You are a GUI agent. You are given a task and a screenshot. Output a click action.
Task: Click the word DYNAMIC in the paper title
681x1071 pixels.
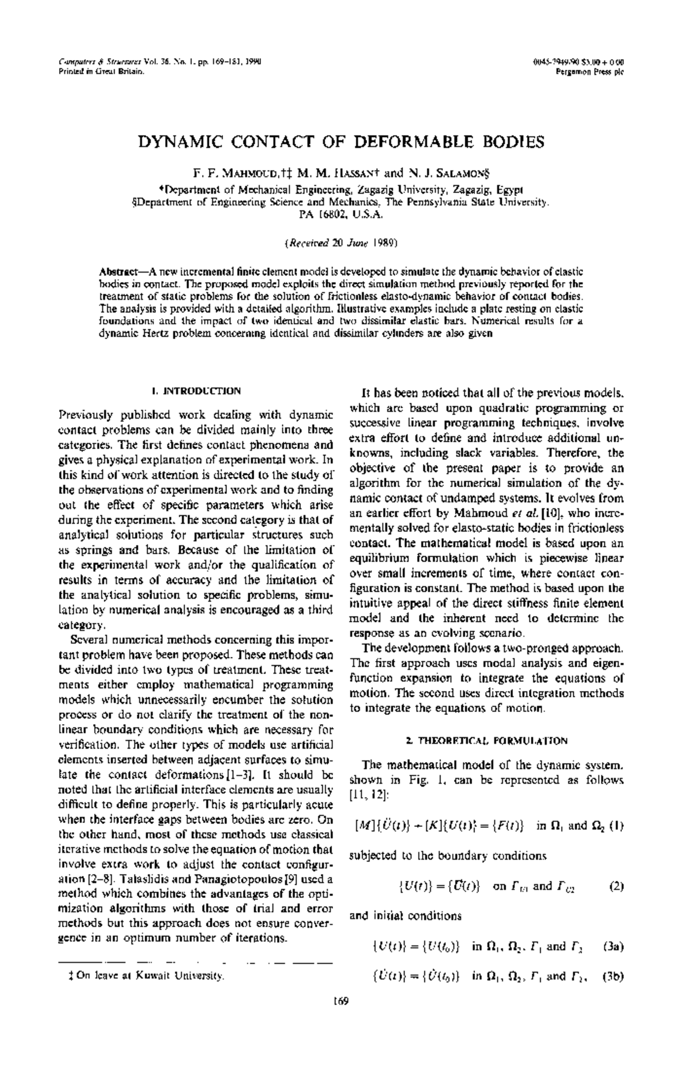(x=176, y=142)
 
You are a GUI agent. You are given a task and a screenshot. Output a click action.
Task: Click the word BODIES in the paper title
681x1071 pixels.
(x=514, y=142)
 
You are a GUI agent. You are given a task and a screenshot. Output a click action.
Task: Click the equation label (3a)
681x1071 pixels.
(x=613, y=947)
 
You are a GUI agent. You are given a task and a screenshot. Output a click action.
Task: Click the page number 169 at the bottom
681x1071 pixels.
(x=340, y=1016)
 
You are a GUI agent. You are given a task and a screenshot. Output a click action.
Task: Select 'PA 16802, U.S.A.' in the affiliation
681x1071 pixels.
(x=340, y=216)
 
